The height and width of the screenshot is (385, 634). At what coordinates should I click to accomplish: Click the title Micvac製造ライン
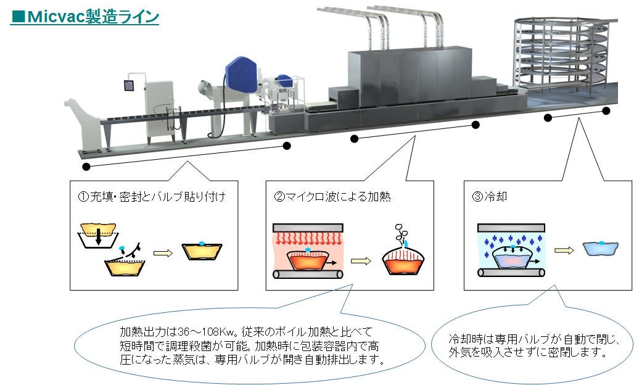pos(85,16)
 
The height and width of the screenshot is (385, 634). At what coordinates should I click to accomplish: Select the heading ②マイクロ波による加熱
pos(333,197)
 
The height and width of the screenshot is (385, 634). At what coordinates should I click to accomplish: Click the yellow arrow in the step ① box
pos(162,252)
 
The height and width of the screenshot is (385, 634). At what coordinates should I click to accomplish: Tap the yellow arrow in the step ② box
pos(361,260)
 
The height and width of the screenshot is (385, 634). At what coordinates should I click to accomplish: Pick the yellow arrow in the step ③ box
pos(562,250)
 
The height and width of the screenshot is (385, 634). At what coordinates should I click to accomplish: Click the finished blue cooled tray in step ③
pos(600,249)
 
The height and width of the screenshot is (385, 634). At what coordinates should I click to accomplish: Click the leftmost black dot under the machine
pos(86,167)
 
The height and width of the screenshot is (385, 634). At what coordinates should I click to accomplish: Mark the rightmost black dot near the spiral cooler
pos(606,111)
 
